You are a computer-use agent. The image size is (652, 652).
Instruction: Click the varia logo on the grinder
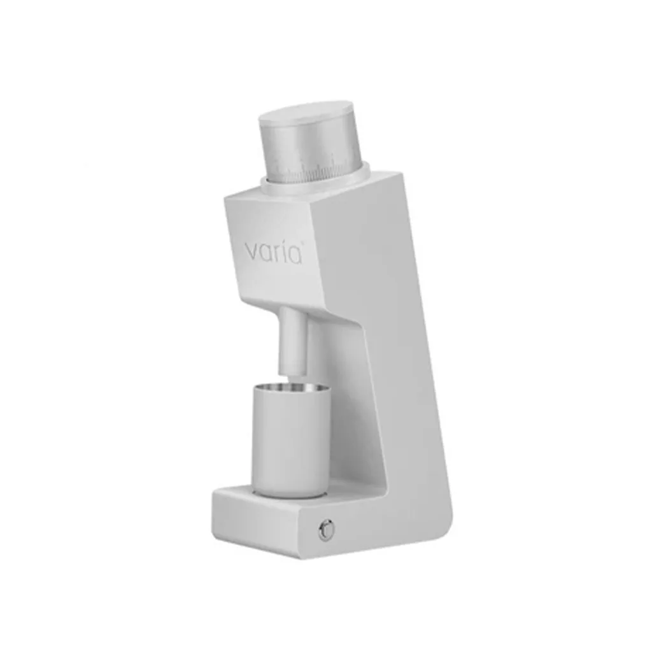click(274, 252)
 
